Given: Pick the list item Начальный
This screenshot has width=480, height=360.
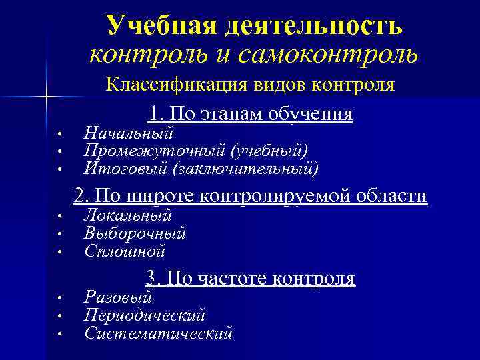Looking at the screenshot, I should [x=129, y=133].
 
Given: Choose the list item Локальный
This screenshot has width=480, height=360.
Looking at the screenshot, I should [x=128, y=215].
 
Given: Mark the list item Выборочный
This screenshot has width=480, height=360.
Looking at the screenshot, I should [x=135, y=233].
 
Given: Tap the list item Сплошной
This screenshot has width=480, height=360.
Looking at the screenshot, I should [x=125, y=251].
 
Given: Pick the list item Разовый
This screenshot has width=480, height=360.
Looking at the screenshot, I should [x=118, y=297].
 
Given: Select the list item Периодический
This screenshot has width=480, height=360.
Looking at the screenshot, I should [x=145, y=315].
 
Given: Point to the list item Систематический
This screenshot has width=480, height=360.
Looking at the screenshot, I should [x=159, y=333].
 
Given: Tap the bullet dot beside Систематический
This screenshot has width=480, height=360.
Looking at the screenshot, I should [x=59, y=333].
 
